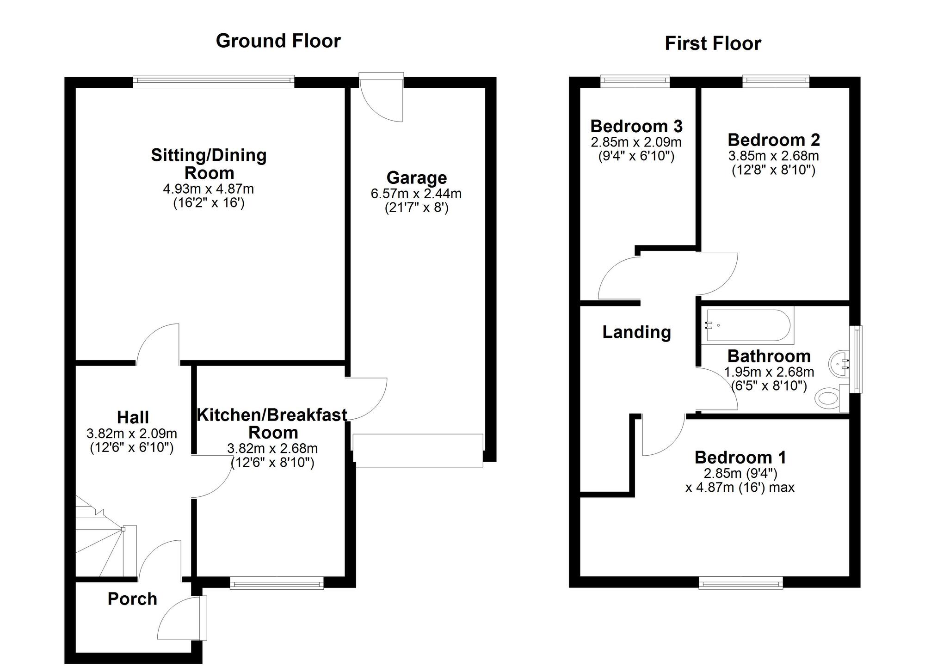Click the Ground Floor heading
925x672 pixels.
[278, 41]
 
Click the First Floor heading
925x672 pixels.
[713, 43]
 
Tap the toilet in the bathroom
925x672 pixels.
[827, 397]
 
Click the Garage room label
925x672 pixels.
[416, 177]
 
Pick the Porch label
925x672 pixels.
[132, 599]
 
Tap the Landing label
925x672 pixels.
[636, 332]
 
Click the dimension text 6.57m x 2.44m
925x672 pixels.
[416, 194]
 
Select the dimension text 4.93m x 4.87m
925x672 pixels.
[208, 189]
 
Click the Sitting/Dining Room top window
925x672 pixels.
[214, 82]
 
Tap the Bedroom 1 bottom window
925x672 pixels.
[740, 583]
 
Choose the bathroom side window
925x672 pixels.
[857, 360]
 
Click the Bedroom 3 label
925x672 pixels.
[636, 126]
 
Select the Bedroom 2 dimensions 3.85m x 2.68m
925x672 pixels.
[773, 156]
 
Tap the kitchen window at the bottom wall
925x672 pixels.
[277, 583]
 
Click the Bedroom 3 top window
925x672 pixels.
[635, 81]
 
